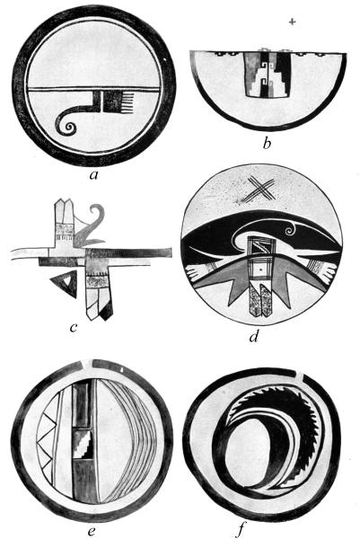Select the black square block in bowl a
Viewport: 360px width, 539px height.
113,102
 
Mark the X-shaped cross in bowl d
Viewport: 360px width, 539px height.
261,191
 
